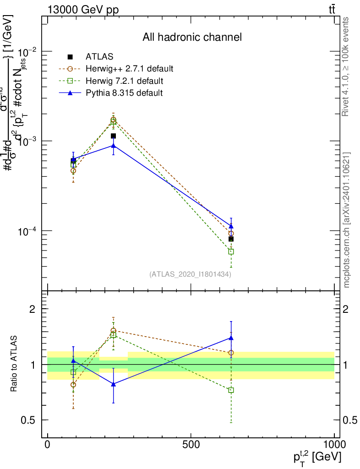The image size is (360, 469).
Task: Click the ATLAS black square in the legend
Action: [70, 57]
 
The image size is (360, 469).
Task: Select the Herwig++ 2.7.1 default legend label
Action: [129, 69]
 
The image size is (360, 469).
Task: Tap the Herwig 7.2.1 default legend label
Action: [125, 81]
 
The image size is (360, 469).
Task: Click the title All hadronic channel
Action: [192, 37]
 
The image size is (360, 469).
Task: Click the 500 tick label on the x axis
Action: [190, 444]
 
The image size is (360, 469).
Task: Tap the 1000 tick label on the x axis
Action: [334, 444]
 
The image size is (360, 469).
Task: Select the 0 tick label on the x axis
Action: [48, 444]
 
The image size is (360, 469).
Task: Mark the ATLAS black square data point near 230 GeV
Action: [113, 136]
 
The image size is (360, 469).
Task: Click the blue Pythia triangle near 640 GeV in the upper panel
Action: [231, 226]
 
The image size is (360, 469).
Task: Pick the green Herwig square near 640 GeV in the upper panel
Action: [231, 251]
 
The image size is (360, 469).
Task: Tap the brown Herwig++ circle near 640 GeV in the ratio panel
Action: [231, 353]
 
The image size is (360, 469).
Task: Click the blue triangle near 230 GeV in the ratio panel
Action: [113, 384]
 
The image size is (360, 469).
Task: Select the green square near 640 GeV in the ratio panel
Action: [231, 390]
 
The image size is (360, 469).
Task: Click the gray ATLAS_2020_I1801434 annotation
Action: [190, 274]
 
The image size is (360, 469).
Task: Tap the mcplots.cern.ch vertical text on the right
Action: [347, 220]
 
